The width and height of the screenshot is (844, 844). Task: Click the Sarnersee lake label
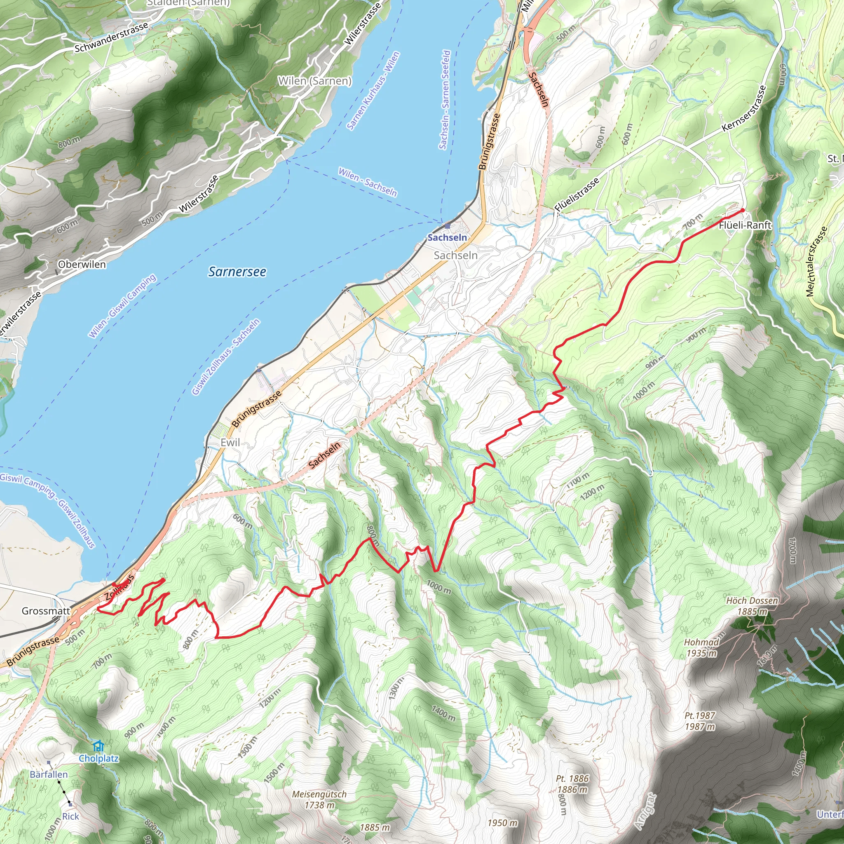(237, 272)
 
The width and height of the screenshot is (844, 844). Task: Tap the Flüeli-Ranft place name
(745, 225)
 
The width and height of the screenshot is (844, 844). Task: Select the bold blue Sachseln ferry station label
(447, 237)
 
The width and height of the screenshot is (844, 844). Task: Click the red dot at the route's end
(742, 210)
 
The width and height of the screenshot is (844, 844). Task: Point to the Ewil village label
(230, 443)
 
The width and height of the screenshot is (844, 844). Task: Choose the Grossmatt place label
(46, 611)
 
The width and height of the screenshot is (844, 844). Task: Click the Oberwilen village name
(82, 264)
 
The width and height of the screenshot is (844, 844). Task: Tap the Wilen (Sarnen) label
(314, 81)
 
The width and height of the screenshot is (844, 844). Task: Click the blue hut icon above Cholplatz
(98, 745)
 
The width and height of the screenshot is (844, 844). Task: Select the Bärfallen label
(49, 774)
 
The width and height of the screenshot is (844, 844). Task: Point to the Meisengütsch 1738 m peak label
(319, 799)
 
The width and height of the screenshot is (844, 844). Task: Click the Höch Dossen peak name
(752, 600)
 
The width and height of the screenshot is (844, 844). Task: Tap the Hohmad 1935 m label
(701, 647)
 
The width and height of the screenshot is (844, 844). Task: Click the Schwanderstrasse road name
(111, 38)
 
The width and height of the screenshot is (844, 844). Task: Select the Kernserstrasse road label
(744, 108)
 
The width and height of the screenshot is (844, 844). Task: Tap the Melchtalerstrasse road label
(817, 261)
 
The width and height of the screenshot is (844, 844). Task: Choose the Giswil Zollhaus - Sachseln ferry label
(226, 357)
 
